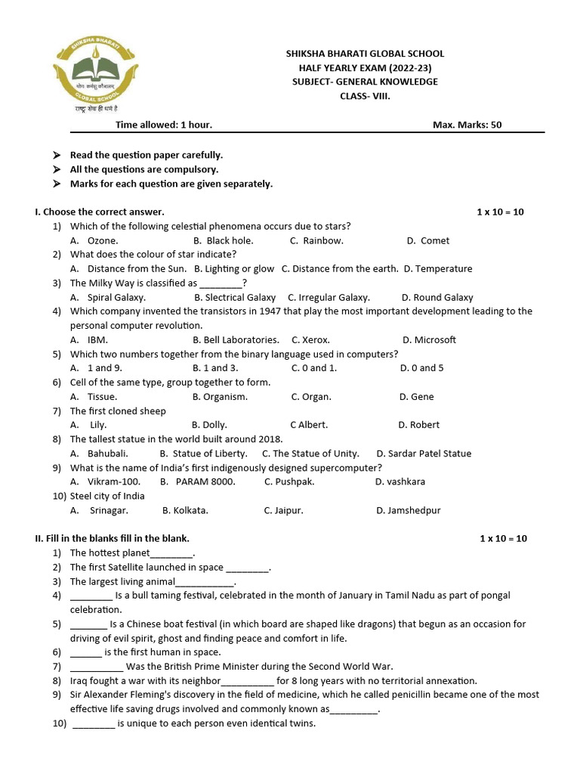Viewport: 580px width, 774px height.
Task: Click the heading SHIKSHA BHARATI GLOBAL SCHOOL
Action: (365, 54)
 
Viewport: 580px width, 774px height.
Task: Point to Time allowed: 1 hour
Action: (164, 125)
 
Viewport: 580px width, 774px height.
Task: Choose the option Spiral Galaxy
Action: (116, 297)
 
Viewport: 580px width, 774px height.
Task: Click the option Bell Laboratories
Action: (241, 339)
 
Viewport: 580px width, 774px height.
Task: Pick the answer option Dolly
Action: (214, 425)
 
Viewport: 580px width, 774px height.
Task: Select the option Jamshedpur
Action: (414, 510)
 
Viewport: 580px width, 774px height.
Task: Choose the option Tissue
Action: (102, 396)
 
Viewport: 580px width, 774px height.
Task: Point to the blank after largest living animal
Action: (205, 582)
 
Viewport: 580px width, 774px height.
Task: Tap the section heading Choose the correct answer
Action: (103, 212)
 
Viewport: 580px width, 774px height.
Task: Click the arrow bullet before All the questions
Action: (57, 169)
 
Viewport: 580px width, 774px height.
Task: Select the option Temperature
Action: (443, 268)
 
